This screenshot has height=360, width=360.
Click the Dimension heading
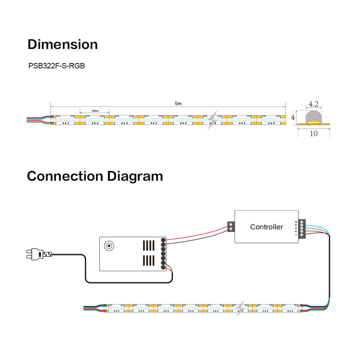coord(63,44)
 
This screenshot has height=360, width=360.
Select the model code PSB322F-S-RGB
coord(57,66)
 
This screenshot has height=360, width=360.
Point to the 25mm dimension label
coord(94,111)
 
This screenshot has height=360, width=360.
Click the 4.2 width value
coord(313,104)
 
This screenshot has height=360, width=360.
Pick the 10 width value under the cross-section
coord(313,133)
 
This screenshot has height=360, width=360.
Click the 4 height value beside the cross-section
coord(293,117)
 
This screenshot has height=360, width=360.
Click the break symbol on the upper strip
coord(213,120)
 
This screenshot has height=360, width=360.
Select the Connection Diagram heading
coord(95,176)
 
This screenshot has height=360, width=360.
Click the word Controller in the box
coord(267,227)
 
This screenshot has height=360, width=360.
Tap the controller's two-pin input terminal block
coord(231,226)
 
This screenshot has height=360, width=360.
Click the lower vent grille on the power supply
coord(148,260)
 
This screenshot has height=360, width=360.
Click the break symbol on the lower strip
coord(240,308)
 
